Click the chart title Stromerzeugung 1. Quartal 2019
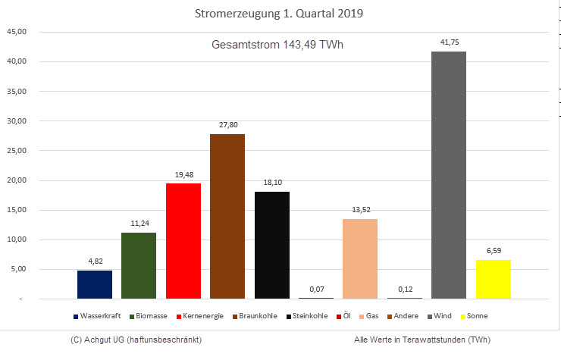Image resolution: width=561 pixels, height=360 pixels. coord(280,14)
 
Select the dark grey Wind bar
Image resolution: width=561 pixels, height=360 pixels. coord(449,174)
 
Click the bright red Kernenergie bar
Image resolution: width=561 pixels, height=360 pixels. coord(183,241)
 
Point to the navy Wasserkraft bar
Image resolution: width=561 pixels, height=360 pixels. coord(95,284)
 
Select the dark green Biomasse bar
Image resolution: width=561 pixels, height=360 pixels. coord(139,265)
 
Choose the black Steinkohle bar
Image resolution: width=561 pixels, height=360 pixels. coord(271,245)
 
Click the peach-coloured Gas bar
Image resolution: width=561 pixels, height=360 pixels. coord(360,258)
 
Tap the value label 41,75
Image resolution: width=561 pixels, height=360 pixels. coord(449,42)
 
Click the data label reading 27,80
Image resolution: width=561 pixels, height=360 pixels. coord(227,125)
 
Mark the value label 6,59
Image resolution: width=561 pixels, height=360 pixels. coord(493,251)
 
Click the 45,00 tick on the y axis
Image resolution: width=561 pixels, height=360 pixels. coord(17,32)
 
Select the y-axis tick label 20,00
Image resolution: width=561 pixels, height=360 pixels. coord(17,180)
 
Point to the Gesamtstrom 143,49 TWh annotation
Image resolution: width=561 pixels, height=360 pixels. coord(277,45)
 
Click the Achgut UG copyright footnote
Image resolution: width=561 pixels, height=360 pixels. coord(135,340)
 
